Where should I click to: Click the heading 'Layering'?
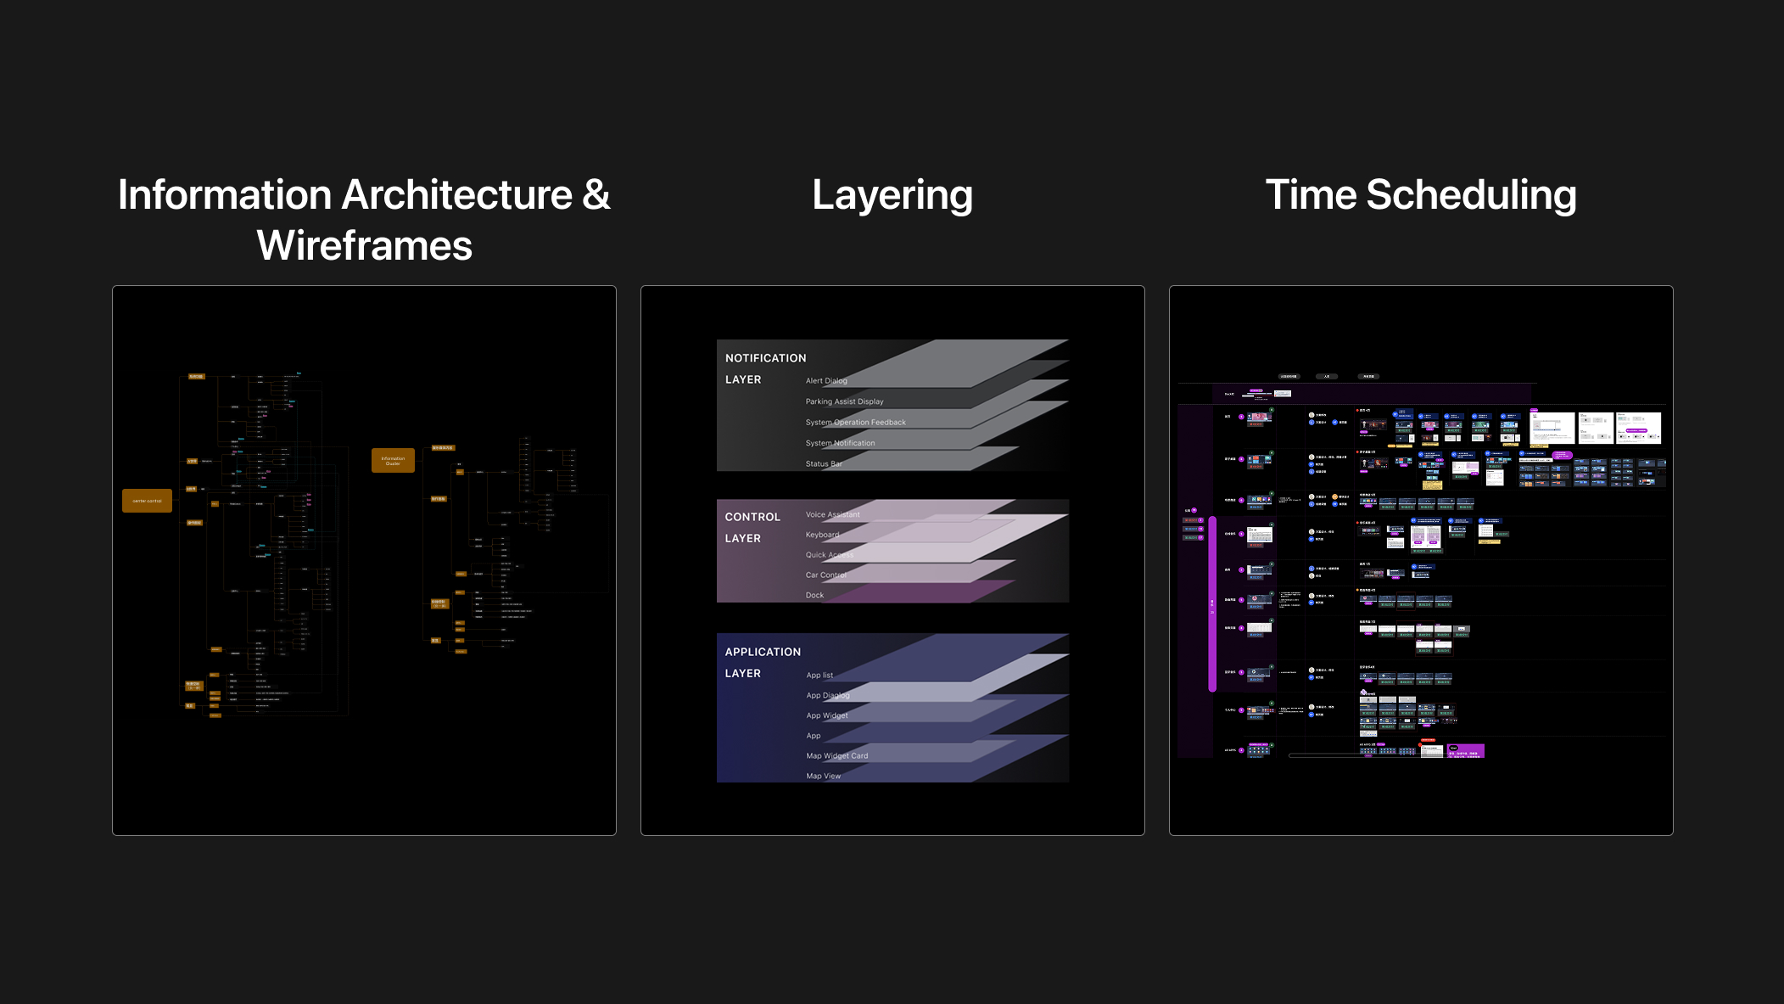pos(892,195)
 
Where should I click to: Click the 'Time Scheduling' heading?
pos(1421,195)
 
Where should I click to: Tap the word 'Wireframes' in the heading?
pos(364,246)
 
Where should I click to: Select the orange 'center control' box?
pos(147,501)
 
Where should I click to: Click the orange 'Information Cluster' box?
pos(393,460)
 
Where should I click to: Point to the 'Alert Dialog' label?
pos(826,381)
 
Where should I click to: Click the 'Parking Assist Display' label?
pos(844,401)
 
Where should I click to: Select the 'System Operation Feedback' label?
pos(855,423)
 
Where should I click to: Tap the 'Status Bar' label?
pos(823,464)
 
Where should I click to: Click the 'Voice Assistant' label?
pos(832,514)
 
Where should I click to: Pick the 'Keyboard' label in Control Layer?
pos(822,535)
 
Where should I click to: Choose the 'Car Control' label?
pos(825,575)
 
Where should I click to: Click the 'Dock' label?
pos(814,596)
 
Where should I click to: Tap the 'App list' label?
pos(819,676)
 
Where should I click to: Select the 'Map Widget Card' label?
pos(836,756)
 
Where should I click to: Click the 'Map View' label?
pos(823,777)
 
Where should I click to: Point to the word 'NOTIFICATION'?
pos(765,358)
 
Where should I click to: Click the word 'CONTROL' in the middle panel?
pos(752,517)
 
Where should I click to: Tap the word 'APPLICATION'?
pos(763,652)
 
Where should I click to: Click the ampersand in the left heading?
pos(596,195)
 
